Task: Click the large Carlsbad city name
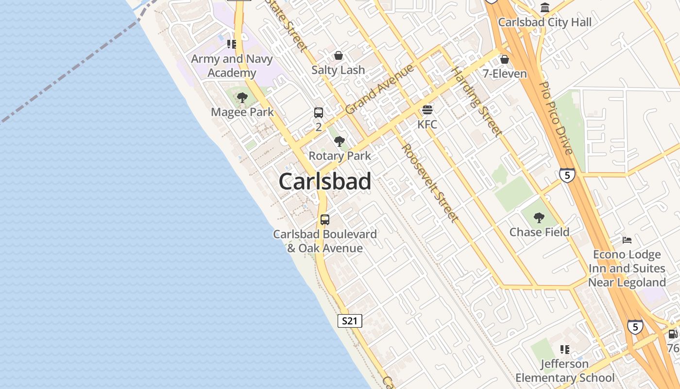(325, 181)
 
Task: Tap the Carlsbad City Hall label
(545, 22)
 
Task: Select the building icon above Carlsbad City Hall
(545, 8)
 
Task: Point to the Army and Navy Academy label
(232, 66)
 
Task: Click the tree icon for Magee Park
(242, 98)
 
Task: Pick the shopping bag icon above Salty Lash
(338, 55)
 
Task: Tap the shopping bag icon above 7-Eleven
(505, 59)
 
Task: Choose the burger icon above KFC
(427, 110)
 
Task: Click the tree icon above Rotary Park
(340, 141)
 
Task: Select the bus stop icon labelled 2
(319, 113)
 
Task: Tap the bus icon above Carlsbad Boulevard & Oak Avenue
(325, 220)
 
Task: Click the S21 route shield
(350, 321)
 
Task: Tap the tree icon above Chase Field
(539, 217)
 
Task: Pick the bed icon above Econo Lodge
(627, 240)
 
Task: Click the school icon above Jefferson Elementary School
(564, 350)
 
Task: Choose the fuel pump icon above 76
(673, 334)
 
